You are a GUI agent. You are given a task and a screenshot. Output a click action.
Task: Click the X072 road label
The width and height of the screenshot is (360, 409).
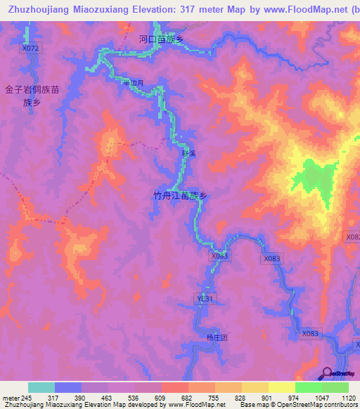coord(32,48)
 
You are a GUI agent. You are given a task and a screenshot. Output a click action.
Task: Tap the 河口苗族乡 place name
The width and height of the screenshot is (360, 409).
coord(161,40)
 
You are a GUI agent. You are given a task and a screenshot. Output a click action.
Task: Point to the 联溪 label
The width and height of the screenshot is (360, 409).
coord(188,152)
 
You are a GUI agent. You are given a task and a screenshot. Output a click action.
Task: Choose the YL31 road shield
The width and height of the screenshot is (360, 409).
coord(205,299)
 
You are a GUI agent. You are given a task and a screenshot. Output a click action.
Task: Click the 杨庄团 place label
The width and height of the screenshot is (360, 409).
coord(218,337)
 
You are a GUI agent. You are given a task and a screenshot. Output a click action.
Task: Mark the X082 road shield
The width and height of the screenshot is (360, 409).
coord(353,238)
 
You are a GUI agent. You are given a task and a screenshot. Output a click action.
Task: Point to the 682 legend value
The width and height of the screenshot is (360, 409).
coord(188,398)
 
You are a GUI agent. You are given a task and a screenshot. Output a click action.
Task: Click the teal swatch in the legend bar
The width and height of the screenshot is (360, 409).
coord(41,387)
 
